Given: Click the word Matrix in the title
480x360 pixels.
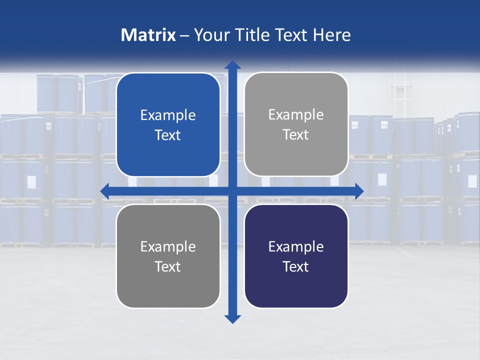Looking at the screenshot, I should pos(148,35).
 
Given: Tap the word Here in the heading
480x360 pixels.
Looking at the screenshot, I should pos(332,35).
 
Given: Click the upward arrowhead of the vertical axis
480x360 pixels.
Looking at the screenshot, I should pos(232,65).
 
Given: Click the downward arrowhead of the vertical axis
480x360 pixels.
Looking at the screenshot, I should pos(232,318).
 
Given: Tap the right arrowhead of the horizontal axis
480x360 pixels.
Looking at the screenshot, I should pos(358,191).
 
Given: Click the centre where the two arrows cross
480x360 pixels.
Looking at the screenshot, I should pos(232,191).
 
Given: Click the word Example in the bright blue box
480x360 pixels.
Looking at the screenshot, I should pos(168,115).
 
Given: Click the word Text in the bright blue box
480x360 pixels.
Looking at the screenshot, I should pos(168,135).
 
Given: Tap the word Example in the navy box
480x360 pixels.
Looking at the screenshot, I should pos(296,246).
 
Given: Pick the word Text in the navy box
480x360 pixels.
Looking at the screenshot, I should pos(296,266).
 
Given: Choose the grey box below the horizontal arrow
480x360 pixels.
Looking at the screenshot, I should pos(168,290).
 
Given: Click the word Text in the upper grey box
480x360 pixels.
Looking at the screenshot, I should pos(296,135).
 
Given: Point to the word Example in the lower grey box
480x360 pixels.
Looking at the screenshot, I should pos(168,246).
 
